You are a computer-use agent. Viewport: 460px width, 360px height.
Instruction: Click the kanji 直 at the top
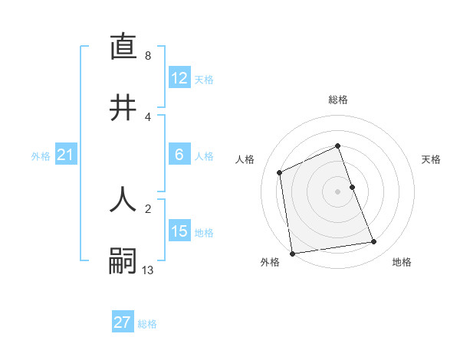[123, 47]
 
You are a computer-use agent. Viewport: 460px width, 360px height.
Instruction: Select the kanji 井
[123, 107]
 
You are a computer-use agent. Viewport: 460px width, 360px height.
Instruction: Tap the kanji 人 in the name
[123, 199]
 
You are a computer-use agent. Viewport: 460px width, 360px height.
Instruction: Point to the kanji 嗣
[123, 261]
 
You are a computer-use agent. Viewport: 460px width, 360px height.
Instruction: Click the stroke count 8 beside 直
[148, 56]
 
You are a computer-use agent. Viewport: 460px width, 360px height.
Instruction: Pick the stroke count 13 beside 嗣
[148, 270]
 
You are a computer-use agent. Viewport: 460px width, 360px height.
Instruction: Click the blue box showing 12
[179, 78]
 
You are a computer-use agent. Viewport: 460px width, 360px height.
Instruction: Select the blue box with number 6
[179, 155]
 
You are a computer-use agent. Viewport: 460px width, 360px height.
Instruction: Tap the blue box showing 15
[179, 231]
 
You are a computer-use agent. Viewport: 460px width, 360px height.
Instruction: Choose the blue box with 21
[66, 155]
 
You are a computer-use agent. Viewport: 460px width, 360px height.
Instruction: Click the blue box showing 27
[123, 322]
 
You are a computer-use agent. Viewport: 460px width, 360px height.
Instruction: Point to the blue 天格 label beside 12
[203, 80]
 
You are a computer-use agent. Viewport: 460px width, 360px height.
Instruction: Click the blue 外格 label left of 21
[41, 156]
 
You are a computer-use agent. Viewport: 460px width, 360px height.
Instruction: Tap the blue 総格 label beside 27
[147, 324]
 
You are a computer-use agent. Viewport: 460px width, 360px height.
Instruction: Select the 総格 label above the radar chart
[337, 100]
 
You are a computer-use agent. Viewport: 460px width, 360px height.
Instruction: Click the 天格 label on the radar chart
[431, 159]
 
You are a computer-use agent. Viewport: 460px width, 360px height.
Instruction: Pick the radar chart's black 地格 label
[402, 262]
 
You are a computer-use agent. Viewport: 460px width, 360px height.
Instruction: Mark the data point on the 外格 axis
[292, 253]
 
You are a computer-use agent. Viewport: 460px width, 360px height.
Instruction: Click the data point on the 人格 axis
[280, 172]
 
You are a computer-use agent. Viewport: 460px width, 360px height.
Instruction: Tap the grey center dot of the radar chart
[337, 191]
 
